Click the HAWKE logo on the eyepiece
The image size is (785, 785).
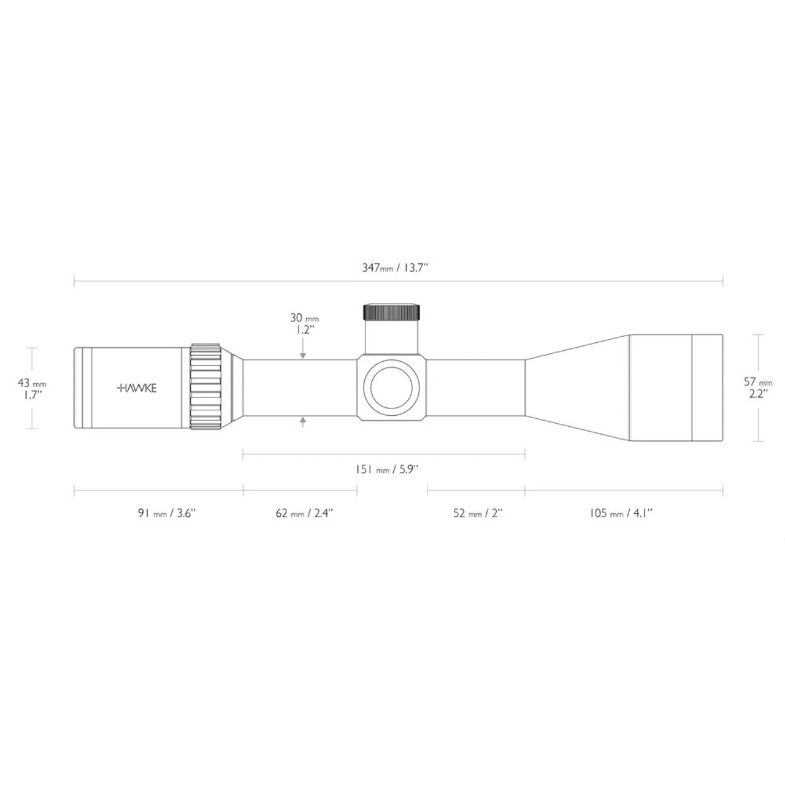(x=136, y=388)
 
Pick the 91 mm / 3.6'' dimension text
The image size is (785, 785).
(x=166, y=513)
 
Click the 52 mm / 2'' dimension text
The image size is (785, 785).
(x=478, y=513)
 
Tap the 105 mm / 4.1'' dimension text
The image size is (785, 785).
(x=621, y=513)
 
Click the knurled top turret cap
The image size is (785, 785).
(x=392, y=312)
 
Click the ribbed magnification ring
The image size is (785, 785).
(x=205, y=387)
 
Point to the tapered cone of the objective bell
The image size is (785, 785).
(x=576, y=388)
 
